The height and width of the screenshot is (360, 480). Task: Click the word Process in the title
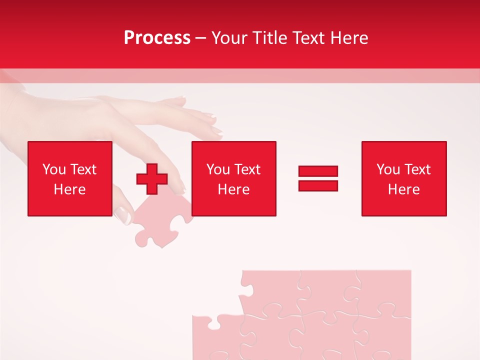(157, 38)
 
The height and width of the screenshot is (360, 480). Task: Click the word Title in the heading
(269, 38)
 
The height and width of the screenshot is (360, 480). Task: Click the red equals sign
(318, 178)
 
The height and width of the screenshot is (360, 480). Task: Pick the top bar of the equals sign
(318, 171)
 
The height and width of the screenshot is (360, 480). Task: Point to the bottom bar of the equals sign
(318, 185)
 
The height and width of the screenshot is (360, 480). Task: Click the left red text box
(69, 178)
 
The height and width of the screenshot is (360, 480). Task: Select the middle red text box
(233, 178)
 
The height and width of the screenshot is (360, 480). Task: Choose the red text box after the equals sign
(403, 178)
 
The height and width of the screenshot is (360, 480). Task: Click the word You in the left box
(54, 169)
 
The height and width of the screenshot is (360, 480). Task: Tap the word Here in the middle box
(233, 189)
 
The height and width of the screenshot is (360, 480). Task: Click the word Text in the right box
(417, 169)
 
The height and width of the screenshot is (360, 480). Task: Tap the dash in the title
(200, 38)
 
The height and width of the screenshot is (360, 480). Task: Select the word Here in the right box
(403, 189)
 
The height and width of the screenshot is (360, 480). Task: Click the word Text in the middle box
(247, 169)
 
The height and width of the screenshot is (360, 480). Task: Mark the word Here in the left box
(69, 189)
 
